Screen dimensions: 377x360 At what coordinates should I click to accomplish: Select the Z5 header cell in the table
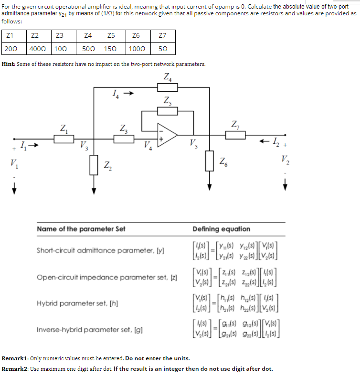111,36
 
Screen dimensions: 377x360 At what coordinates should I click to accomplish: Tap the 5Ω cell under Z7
163,49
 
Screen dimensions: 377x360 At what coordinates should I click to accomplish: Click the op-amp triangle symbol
167,135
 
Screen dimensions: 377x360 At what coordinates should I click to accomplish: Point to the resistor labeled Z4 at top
168,87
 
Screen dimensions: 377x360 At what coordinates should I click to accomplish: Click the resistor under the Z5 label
168,111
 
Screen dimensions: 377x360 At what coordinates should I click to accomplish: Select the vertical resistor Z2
95,165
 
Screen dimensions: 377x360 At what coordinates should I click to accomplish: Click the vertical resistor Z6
209,161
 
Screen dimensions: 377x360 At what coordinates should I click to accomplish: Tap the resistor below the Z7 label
235,135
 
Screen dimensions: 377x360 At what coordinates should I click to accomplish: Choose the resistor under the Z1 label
64,139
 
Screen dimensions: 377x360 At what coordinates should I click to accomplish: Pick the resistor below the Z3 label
124,139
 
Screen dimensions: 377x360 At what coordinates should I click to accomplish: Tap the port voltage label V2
285,159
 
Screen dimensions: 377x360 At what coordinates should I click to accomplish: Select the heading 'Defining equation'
221,229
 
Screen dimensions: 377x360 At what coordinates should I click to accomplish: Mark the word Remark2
16,369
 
